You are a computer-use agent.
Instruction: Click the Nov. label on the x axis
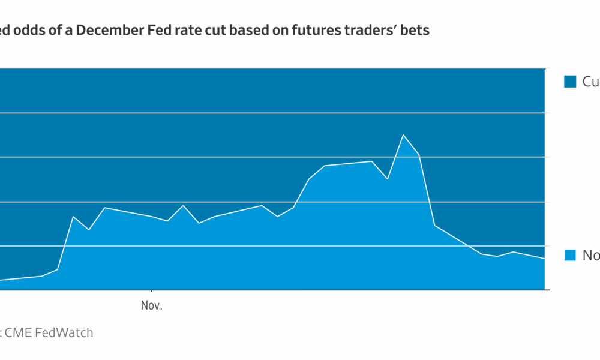tap(152, 306)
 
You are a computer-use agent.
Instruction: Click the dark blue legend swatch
tap(570, 82)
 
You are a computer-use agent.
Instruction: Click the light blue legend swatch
tap(570, 256)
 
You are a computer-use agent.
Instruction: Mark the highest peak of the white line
tap(403, 135)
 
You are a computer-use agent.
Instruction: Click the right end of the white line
tap(544, 259)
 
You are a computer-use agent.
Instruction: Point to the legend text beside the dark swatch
tap(591, 82)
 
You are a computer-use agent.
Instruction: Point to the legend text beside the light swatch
tap(591, 256)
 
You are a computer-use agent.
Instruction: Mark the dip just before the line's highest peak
tap(388, 179)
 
